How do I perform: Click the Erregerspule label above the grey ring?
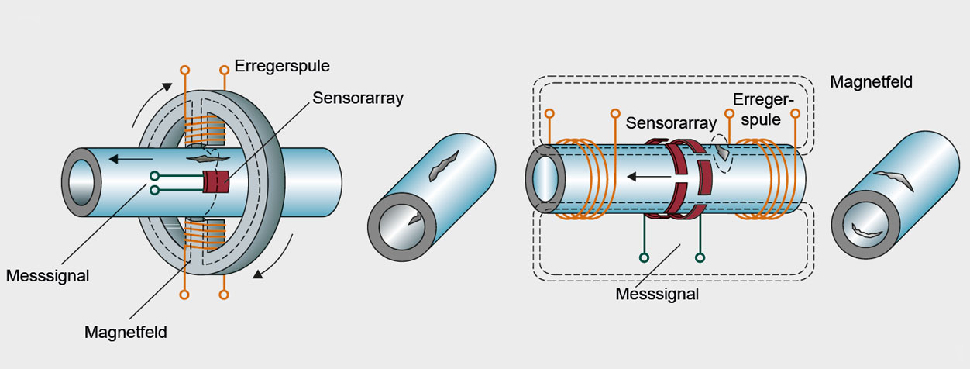pyautogui.click(x=282, y=66)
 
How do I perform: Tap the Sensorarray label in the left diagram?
pyautogui.click(x=359, y=98)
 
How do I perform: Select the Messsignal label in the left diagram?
pyautogui.click(x=47, y=276)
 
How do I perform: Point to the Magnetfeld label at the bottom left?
pyautogui.click(x=126, y=333)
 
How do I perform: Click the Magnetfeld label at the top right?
pyautogui.click(x=870, y=81)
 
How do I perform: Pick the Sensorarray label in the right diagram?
pyautogui.click(x=671, y=122)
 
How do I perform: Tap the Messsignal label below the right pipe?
pyautogui.click(x=657, y=294)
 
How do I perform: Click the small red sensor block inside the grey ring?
pyautogui.click(x=216, y=181)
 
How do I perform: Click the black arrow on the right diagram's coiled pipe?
pyautogui.click(x=644, y=177)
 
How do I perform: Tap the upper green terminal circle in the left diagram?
pyautogui.click(x=154, y=176)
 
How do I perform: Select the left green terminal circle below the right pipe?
pyautogui.click(x=643, y=257)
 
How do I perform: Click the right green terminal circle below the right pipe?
pyautogui.click(x=700, y=257)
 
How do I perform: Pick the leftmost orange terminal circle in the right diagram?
pyautogui.click(x=549, y=113)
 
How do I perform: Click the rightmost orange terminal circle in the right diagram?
pyautogui.click(x=795, y=113)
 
